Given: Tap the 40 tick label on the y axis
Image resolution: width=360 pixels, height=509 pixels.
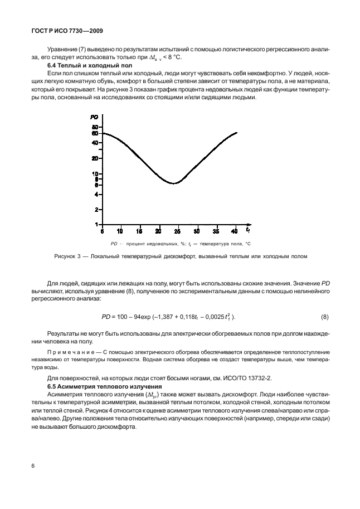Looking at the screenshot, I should click(x=95, y=143).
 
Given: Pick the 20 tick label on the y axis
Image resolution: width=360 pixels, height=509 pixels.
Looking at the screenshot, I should click(x=95, y=158).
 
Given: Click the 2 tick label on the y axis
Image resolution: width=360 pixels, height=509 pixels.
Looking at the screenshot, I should click(x=96, y=210).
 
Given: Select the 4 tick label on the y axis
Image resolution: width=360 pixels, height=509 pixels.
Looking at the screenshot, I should click(x=96, y=195).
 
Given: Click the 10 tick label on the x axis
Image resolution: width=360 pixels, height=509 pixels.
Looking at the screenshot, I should click(x=120, y=231).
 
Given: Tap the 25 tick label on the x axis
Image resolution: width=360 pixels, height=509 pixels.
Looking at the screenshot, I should click(x=177, y=231).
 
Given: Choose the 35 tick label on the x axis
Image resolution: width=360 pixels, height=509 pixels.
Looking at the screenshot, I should click(x=216, y=231).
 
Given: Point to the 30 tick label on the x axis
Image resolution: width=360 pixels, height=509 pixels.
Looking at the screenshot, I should click(x=196, y=231).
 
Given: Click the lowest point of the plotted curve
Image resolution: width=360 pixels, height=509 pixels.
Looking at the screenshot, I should click(x=174, y=183).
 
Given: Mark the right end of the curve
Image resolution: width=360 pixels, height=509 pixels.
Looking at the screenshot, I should click(x=237, y=133).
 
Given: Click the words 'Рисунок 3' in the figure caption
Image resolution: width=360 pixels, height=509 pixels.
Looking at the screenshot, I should click(x=67, y=256).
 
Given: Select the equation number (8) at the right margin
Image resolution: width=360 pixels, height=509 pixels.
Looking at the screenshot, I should click(x=324, y=317).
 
